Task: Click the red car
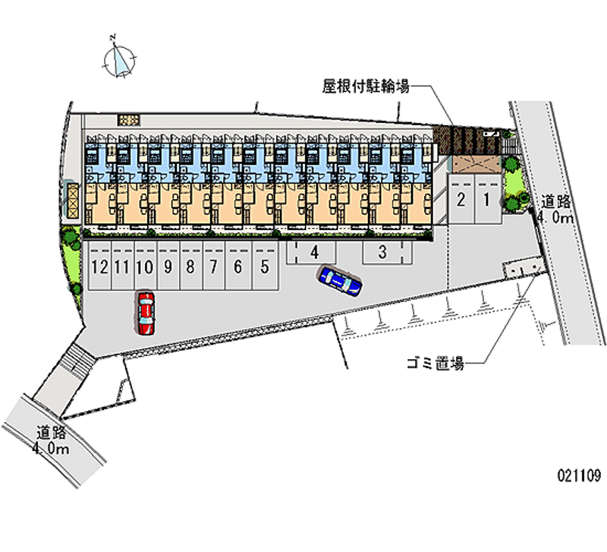[145, 313]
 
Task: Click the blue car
[340, 280]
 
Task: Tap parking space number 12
[99, 267]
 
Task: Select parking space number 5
[264, 267]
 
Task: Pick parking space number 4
[313, 251]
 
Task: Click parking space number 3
[383, 251]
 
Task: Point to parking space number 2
[461, 200]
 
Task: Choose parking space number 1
[487, 200]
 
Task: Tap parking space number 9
[167, 267]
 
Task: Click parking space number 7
[214, 267]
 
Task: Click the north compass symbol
[120, 58]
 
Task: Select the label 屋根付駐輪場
[366, 87]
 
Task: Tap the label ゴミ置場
[434, 364]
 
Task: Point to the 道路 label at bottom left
[52, 433]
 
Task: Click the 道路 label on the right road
[556, 202]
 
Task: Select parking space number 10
[144, 267]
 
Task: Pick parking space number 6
[237, 267]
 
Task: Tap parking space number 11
[121, 267]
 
